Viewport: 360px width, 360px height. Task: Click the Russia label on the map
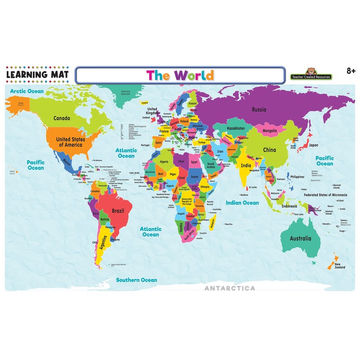pyautogui.click(x=259, y=109)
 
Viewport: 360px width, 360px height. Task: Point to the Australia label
pyautogui.click(x=300, y=238)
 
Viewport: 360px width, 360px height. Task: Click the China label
pyautogui.click(x=269, y=149)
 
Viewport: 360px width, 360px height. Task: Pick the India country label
pyautogui.click(x=246, y=165)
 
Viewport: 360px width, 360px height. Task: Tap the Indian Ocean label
pyautogui.click(x=243, y=203)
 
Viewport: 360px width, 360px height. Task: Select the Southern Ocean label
pyautogui.click(x=137, y=280)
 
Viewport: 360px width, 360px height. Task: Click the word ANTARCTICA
pyautogui.click(x=230, y=288)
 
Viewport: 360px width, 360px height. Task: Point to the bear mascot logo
pyautogui.click(x=310, y=71)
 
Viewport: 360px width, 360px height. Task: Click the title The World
pyautogui.click(x=180, y=75)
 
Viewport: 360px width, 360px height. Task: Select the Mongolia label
pyautogui.click(x=270, y=131)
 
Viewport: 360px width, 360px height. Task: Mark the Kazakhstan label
pyautogui.click(x=236, y=128)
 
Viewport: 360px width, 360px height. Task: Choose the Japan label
pyautogui.click(x=313, y=145)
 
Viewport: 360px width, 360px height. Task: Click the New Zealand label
pyautogui.click(x=340, y=266)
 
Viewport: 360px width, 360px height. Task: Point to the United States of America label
pyautogui.click(x=69, y=142)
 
